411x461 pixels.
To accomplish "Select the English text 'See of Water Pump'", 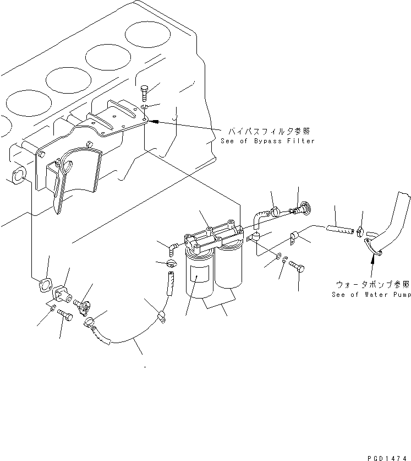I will (x=371, y=295).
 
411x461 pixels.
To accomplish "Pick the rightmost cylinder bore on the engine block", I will (x=147, y=34).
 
